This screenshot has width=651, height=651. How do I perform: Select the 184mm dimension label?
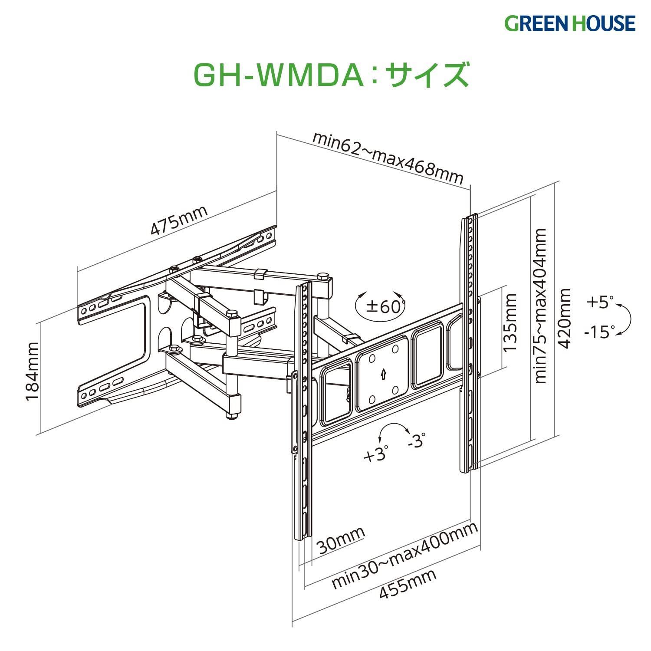point(33,372)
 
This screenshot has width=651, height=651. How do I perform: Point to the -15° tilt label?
point(599,332)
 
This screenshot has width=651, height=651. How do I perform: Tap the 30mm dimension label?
point(340,541)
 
